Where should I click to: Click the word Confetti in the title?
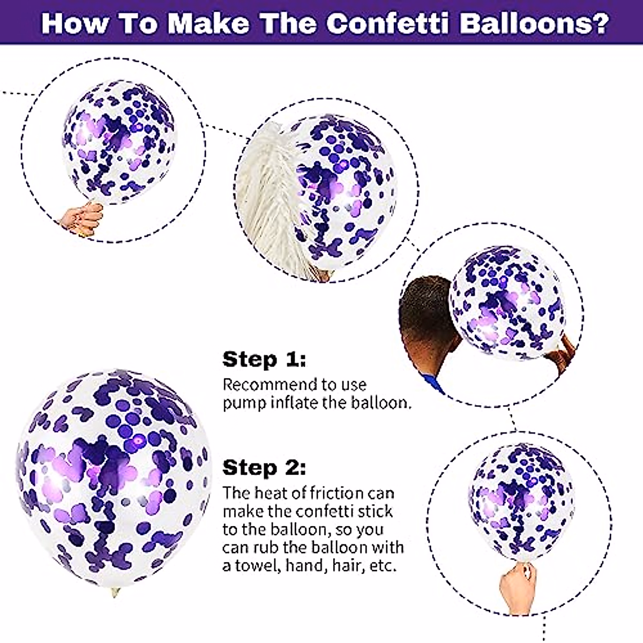coord(387,23)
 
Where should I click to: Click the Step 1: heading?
coord(264,359)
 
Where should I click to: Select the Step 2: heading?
coord(264,467)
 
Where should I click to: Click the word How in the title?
coord(69,23)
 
